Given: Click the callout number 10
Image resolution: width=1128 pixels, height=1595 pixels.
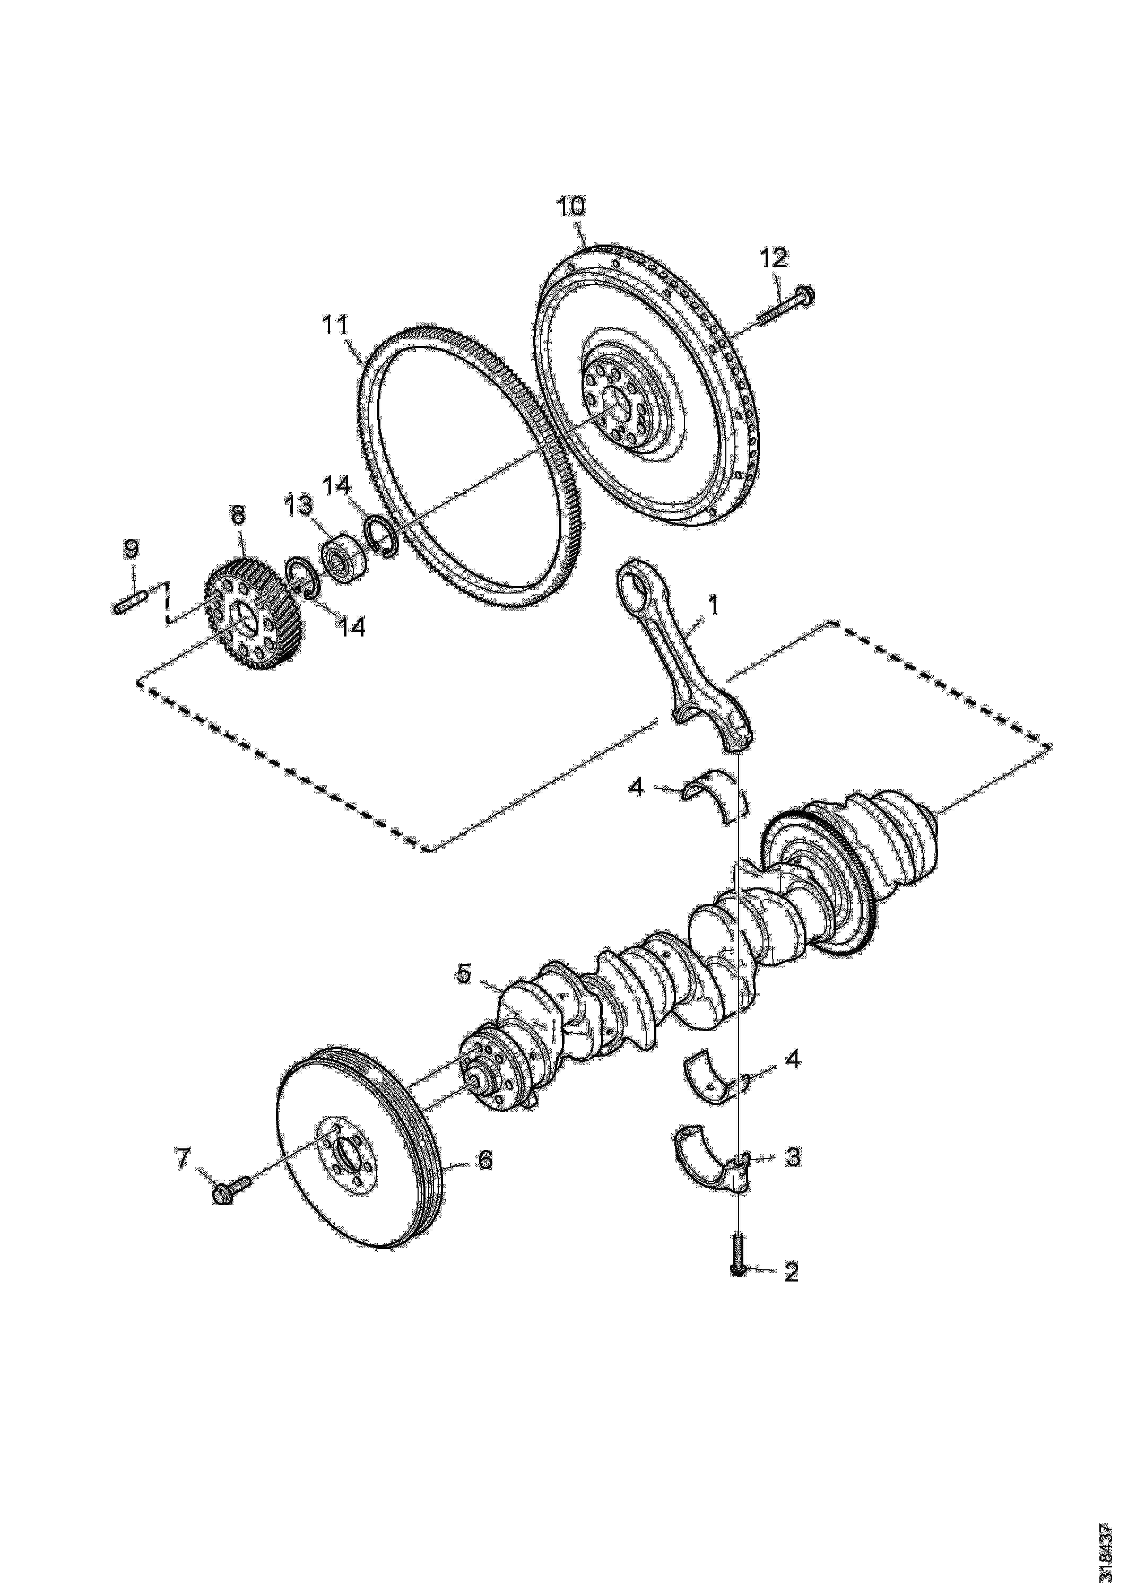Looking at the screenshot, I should coord(570,207).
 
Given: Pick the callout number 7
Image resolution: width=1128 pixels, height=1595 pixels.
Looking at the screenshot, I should coord(182,1158).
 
